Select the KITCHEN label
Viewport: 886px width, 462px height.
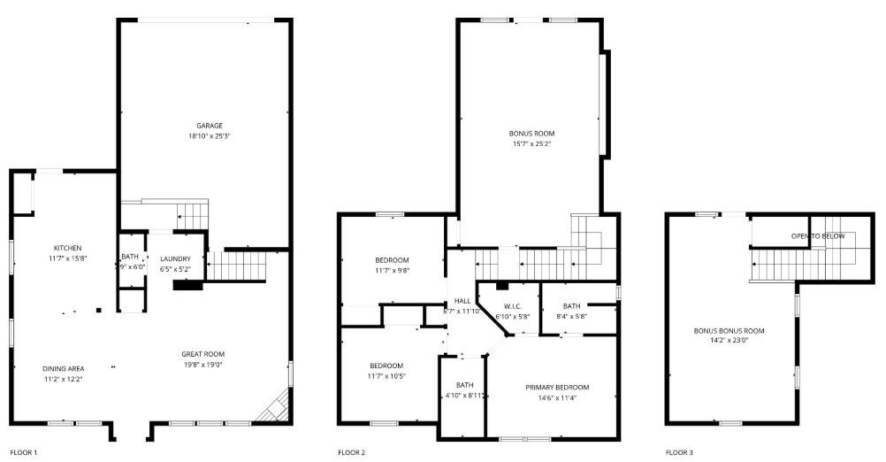point(67,248)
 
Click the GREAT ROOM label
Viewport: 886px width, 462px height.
point(202,354)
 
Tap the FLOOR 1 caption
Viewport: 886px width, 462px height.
point(23,453)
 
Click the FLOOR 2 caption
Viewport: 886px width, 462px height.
point(351,453)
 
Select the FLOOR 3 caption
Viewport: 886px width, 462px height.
point(679,453)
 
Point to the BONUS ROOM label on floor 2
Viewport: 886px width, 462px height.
point(531,134)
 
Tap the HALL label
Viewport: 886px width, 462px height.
point(462,301)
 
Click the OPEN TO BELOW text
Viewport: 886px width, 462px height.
point(818,236)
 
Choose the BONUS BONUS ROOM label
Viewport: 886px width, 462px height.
point(729,331)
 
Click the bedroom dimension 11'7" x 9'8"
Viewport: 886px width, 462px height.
point(392,271)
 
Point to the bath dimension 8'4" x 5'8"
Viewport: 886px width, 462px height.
point(571,317)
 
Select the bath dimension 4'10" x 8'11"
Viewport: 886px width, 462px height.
point(465,396)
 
